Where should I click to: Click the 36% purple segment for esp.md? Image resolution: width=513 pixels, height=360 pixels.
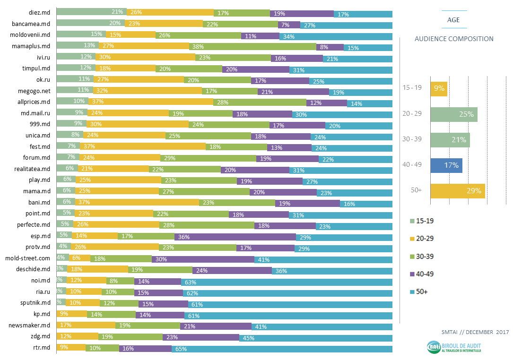[235, 236]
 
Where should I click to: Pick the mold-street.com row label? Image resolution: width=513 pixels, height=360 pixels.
[27, 258]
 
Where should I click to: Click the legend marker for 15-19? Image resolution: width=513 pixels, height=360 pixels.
[411, 221]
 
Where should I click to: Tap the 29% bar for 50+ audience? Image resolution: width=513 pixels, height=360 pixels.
[457, 191]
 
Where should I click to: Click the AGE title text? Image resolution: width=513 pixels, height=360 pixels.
[453, 20]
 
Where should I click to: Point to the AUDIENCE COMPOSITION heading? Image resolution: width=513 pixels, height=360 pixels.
[453, 39]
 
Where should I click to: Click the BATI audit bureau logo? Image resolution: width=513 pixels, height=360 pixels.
[454, 347]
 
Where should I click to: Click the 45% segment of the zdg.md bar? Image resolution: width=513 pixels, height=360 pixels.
[315, 337]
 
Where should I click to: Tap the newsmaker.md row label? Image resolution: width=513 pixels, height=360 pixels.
[30, 326]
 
